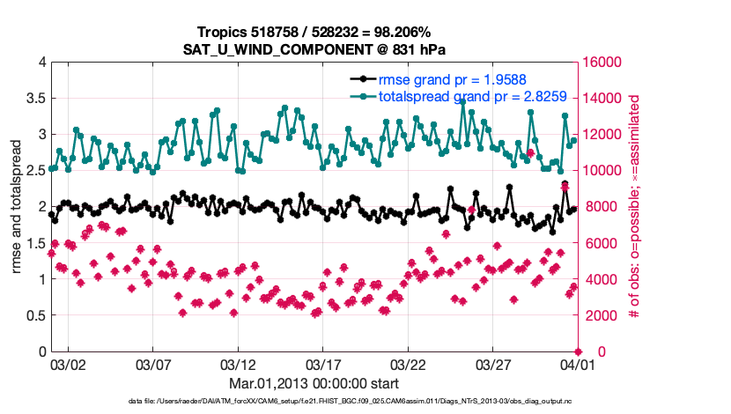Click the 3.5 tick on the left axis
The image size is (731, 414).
coord(33,98)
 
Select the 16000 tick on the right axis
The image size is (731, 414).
coord(602,62)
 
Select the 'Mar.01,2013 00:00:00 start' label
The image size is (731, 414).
coord(313,383)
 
